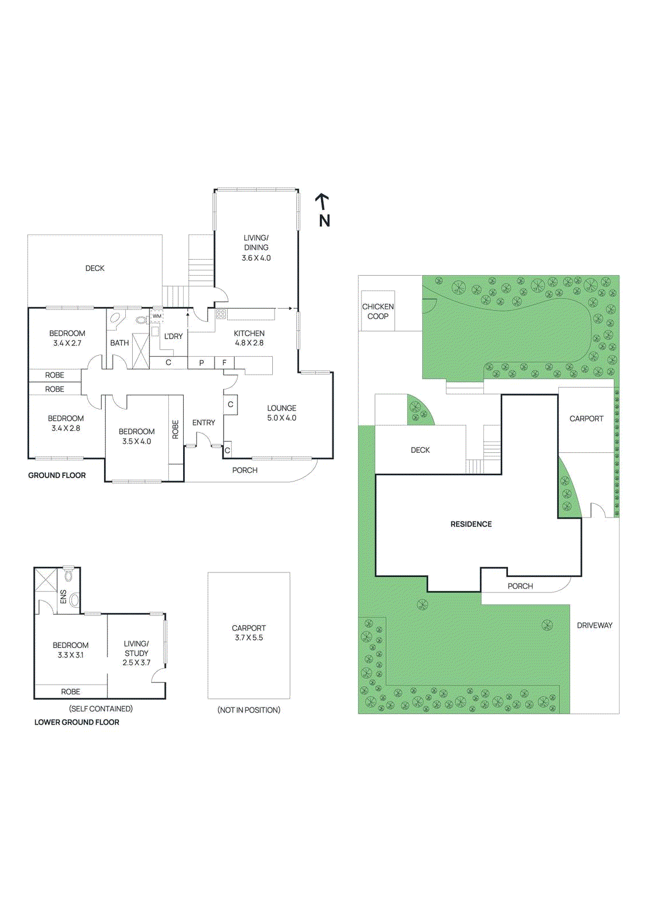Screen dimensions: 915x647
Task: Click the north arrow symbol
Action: coord(323,201)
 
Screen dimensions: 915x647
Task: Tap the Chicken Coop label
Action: coord(378,311)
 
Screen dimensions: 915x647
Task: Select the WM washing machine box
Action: coord(157,316)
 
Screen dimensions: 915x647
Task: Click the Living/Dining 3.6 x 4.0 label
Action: coord(256,248)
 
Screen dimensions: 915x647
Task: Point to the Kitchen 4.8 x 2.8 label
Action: coord(249,338)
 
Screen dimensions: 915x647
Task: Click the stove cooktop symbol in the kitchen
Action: coord(221,314)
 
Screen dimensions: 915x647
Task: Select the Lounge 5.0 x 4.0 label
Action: coord(281,413)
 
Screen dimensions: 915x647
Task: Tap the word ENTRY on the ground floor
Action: coord(204,423)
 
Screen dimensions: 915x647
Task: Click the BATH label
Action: coord(120,343)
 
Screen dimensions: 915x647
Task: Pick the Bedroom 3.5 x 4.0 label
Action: coord(136,436)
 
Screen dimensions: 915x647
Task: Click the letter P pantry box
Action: coord(201,363)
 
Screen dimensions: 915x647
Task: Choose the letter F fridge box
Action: coord(224,363)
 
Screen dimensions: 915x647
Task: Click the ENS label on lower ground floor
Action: coord(63,596)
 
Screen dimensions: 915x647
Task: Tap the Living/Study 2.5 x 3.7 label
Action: coord(136,653)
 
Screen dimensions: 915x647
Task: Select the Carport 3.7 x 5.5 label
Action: coord(249,632)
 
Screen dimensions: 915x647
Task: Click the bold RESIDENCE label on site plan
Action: coord(471,524)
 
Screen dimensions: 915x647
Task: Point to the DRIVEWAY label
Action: coord(594,625)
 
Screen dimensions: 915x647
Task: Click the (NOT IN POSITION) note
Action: coord(249,710)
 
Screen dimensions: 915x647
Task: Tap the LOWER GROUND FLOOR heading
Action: coord(77,722)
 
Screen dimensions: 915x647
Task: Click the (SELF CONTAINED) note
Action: coord(101,709)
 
